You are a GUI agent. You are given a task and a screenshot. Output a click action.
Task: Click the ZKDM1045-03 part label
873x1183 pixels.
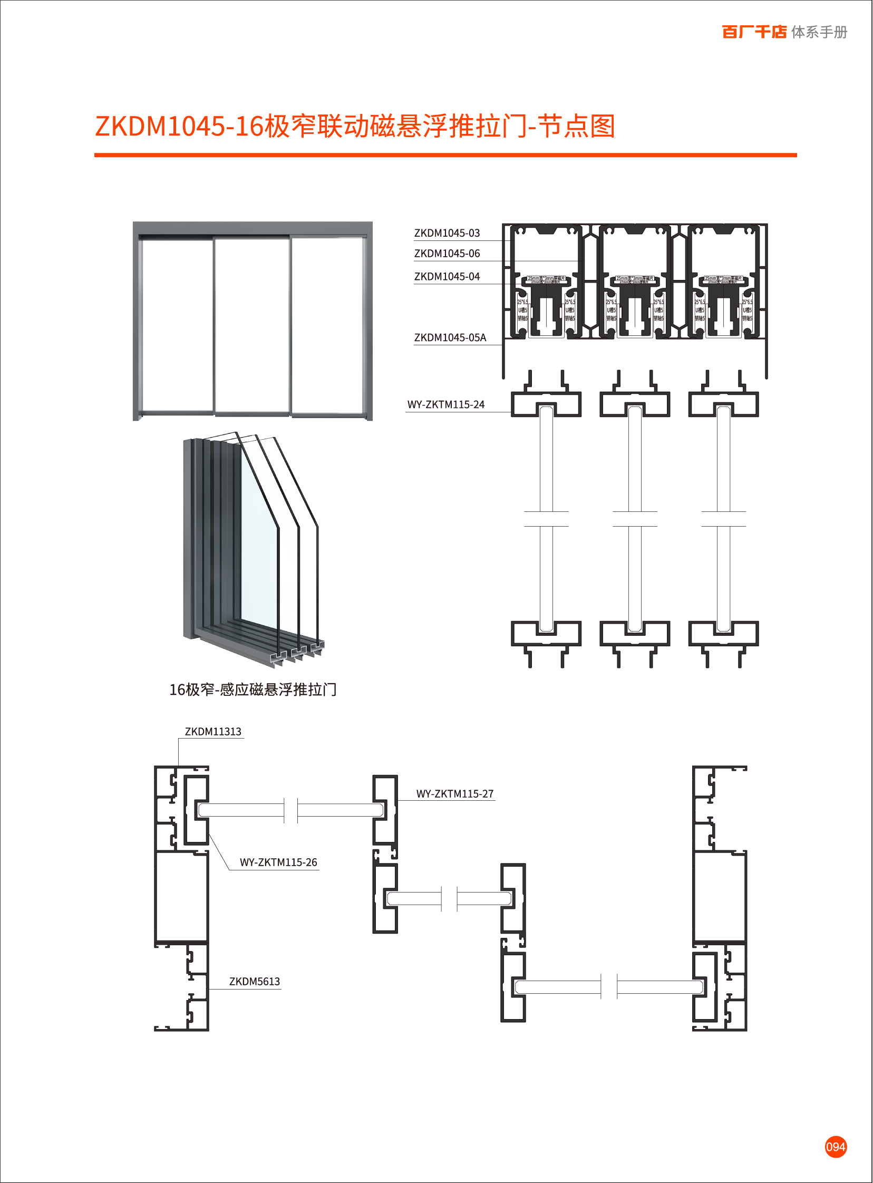click(447, 233)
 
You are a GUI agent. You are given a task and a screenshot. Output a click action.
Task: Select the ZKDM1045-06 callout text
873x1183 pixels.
click(447, 254)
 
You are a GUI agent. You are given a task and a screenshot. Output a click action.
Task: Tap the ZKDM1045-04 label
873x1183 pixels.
click(447, 276)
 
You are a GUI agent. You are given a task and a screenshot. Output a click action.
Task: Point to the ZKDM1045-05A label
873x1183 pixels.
click(450, 337)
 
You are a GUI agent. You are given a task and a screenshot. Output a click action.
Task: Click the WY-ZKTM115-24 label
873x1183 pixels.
click(445, 405)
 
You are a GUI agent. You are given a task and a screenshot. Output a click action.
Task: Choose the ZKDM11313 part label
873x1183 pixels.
click(213, 732)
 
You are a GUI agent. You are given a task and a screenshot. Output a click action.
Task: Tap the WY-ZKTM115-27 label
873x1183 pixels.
click(454, 793)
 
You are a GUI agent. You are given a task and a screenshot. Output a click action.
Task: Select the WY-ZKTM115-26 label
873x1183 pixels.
click(278, 862)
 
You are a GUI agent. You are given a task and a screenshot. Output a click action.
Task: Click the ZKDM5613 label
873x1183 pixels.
click(254, 982)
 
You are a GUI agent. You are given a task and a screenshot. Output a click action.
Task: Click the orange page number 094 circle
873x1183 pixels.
click(836, 1147)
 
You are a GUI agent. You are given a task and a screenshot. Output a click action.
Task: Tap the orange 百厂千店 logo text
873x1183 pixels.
click(754, 32)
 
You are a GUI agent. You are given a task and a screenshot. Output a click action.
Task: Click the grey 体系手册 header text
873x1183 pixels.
click(819, 32)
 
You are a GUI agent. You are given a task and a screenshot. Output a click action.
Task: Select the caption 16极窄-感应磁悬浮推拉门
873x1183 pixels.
click(253, 690)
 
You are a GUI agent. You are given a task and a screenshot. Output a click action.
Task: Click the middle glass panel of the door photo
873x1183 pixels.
click(252, 325)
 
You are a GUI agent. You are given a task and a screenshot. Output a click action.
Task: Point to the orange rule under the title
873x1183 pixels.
click(445, 156)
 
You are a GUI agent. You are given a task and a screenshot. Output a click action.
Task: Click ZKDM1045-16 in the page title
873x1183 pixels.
click(179, 127)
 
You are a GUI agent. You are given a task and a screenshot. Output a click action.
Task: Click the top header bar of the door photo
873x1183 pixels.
click(253, 228)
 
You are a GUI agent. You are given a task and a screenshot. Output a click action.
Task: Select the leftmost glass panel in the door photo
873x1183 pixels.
click(178, 325)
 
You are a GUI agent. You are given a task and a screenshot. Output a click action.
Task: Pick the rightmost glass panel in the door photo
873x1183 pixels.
click(328, 325)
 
